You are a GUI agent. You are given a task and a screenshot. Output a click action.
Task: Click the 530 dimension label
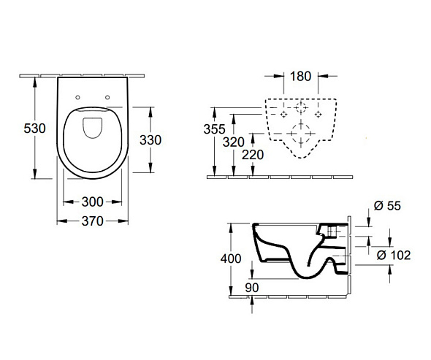click(34, 129)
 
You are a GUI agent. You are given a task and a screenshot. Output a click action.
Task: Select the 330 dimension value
click(150, 140)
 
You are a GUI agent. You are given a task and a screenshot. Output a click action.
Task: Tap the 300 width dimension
click(92, 202)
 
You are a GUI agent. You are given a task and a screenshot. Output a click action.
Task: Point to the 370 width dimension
click(92, 221)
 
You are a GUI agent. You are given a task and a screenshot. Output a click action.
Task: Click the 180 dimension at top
click(301, 76)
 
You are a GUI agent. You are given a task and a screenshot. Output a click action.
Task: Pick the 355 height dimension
click(214, 129)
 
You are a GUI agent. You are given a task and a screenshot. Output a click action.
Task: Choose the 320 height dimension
click(234, 142)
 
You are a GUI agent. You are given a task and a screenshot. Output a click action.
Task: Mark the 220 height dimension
click(253, 155)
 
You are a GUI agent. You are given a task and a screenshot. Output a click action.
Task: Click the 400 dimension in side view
click(231, 258)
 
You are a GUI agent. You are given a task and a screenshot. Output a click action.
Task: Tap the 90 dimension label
click(252, 288)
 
